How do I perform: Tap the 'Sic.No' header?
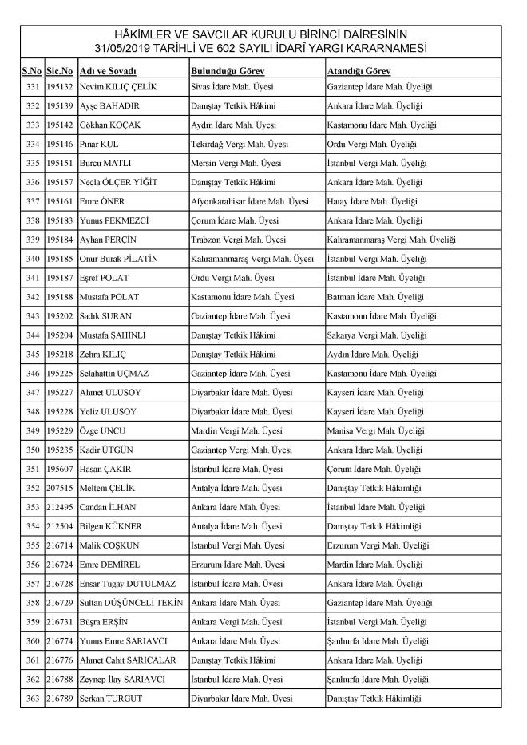pyautogui.click(x=60, y=71)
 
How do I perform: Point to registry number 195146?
pyautogui.click(x=60, y=145)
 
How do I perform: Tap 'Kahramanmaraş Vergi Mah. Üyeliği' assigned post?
pyautogui.click(x=391, y=240)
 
